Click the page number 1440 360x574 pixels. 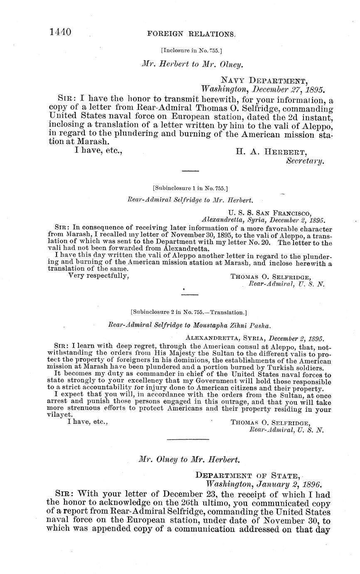point(61,32)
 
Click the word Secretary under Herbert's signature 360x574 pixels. point(305,161)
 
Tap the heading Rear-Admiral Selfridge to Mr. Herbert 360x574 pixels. point(190,200)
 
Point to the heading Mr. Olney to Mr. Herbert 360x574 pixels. point(189,459)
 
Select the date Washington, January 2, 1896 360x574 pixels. point(264,484)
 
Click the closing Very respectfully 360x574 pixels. point(98,276)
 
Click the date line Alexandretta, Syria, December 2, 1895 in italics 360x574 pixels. point(263,220)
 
